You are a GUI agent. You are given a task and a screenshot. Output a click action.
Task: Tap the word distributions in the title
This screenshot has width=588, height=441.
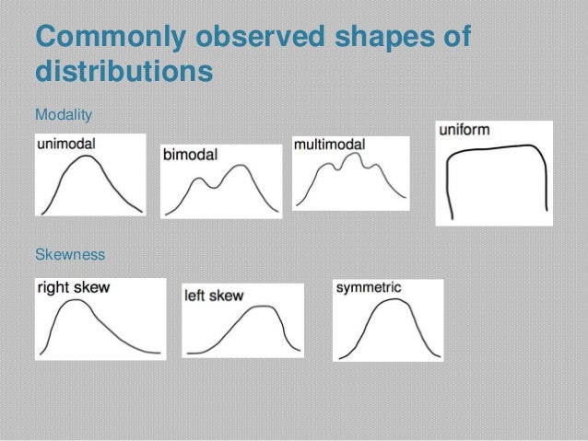point(123,72)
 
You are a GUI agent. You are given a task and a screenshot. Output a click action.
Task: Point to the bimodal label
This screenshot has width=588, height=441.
point(190,156)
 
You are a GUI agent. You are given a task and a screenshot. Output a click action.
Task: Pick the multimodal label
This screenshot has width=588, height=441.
point(329,145)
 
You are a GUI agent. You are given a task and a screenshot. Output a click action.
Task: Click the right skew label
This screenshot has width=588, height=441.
point(73,287)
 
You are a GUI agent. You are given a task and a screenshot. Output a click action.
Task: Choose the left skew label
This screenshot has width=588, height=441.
point(214,296)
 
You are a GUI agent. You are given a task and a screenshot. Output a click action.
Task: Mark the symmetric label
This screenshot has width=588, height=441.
point(369,288)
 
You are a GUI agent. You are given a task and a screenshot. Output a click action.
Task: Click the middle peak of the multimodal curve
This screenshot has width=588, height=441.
point(347,157)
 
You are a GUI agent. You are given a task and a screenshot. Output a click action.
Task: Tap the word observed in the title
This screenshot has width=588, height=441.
point(262,40)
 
